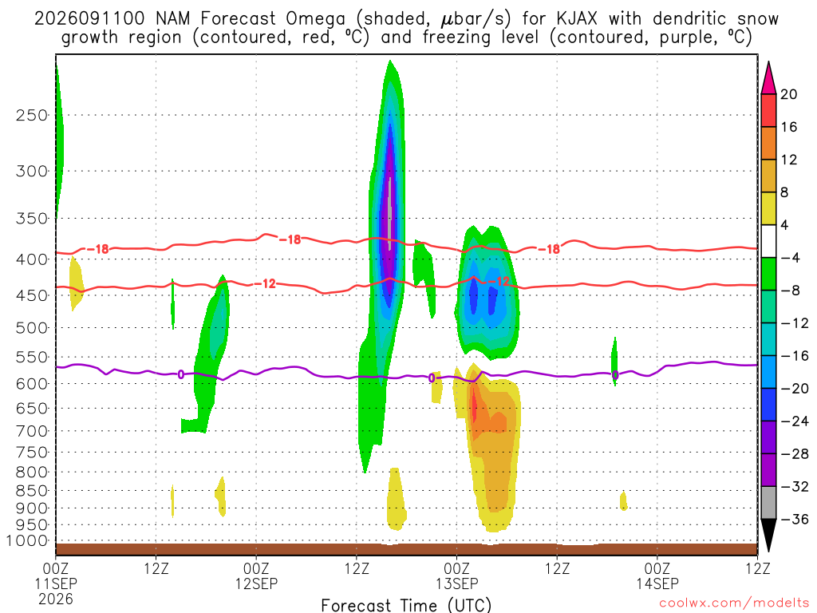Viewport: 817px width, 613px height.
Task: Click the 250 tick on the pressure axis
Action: click(x=32, y=115)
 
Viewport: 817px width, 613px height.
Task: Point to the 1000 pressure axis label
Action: click(x=28, y=541)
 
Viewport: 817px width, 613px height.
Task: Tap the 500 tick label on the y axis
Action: click(x=32, y=328)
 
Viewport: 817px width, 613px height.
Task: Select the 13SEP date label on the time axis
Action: click(x=457, y=583)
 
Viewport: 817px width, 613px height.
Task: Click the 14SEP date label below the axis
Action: click(x=657, y=583)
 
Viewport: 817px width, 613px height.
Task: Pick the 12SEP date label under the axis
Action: click(x=256, y=583)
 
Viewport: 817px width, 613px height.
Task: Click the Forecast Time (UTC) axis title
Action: click(x=406, y=605)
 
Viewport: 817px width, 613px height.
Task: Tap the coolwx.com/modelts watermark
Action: click(x=734, y=603)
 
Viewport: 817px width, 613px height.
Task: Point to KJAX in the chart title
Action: click(x=576, y=19)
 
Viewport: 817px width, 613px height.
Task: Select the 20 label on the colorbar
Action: click(x=789, y=94)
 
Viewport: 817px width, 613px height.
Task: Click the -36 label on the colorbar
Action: click(x=795, y=519)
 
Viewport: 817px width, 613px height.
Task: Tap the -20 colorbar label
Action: click(x=795, y=389)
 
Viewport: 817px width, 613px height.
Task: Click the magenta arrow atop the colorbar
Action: click(x=768, y=77)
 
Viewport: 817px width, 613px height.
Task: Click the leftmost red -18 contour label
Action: click(x=98, y=249)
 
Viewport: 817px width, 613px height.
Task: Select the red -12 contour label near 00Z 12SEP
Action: click(x=265, y=283)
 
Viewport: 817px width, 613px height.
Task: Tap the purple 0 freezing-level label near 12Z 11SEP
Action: click(x=181, y=374)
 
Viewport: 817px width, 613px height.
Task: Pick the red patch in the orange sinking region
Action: click(x=474, y=404)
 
